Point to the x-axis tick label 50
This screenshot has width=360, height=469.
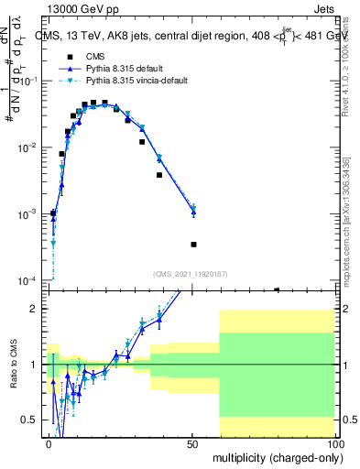(191, 442)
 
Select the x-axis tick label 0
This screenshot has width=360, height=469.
(49, 442)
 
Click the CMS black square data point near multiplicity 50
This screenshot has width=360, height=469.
(193, 245)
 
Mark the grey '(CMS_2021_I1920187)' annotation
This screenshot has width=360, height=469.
(191, 273)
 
